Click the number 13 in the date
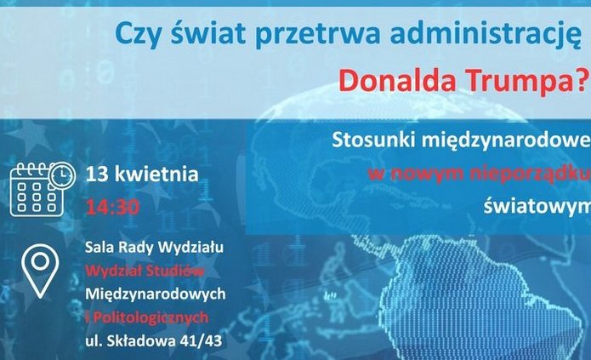click(x=97, y=175)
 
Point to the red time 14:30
click(x=113, y=205)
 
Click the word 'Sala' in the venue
click(x=100, y=248)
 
